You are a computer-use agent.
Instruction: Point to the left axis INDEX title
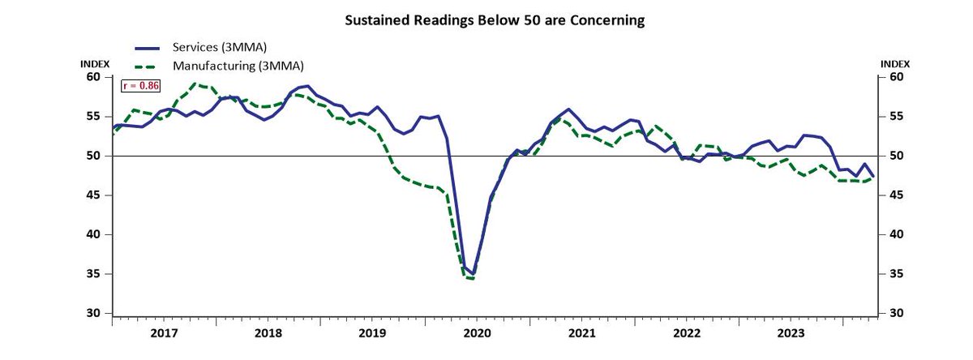click(x=94, y=63)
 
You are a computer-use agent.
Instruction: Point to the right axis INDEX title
click(x=895, y=63)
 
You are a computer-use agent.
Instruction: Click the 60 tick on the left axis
click(x=95, y=77)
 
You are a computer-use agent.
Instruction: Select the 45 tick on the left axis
click(x=95, y=195)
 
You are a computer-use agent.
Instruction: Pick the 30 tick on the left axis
click(x=95, y=314)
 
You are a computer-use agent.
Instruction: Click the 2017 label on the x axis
click(x=165, y=332)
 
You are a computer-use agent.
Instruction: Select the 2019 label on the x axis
click(x=373, y=332)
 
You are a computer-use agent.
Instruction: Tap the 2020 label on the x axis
click(x=478, y=332)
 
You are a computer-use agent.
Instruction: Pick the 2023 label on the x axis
click(x=791, y=332)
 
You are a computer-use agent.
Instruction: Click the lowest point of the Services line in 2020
click(x=473, y=274)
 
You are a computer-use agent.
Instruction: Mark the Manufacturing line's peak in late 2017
click(x=195, y=84)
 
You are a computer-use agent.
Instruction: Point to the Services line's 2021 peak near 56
click(x=568, y=109)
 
